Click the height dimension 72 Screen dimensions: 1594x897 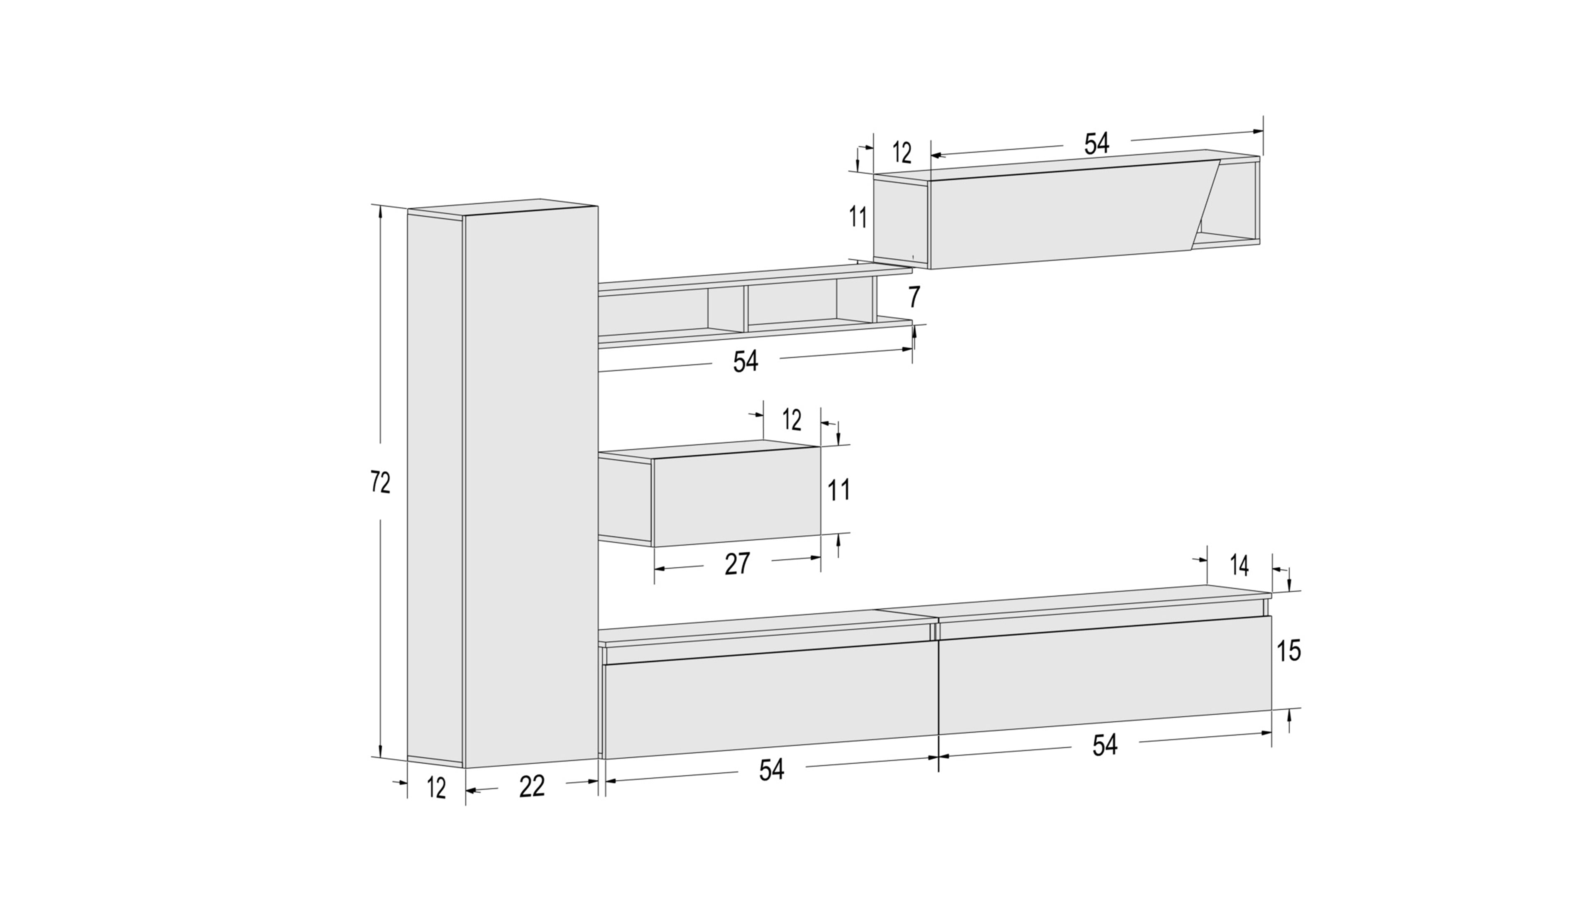[380, 482]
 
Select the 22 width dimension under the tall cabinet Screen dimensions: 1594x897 [531, 786]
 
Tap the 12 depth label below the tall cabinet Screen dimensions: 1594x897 [436, 788]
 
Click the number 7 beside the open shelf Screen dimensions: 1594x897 [914, 298]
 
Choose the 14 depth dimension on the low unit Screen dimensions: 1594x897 [1239, 566]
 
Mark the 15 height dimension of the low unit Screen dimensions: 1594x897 [1288, 651]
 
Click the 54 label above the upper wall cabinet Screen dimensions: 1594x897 [1096, 144]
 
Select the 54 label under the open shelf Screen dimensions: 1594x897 [746, 362]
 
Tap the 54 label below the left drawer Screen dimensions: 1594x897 [772, 770]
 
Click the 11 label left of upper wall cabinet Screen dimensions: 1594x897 [858, 217]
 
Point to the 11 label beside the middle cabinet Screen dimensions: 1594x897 [839, 490]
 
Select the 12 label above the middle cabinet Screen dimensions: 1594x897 [792, 420]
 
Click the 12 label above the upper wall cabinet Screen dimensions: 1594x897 [902, 152]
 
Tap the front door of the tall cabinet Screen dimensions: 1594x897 [531, 487]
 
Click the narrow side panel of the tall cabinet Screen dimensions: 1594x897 [435, 488]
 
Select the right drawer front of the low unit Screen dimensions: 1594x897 [1105, 675]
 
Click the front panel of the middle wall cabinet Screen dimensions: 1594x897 [736, 497]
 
